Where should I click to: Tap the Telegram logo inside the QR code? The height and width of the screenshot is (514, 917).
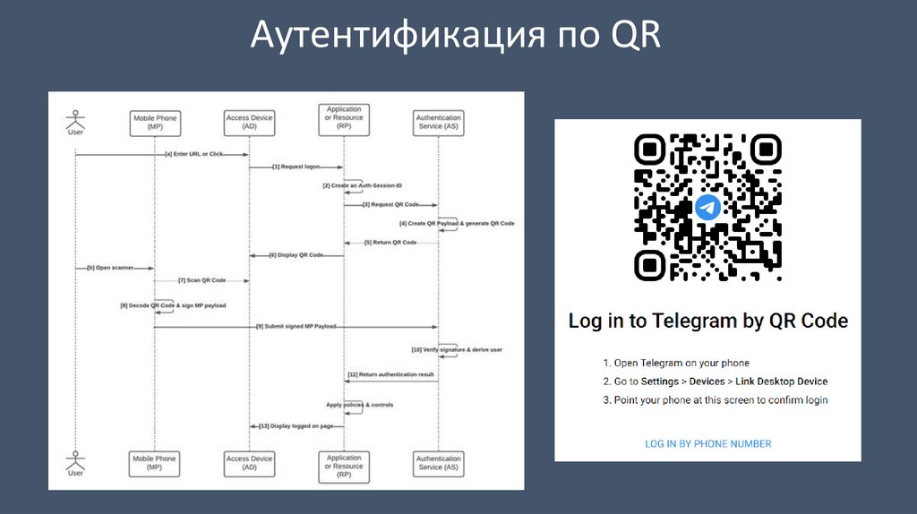[707, 207]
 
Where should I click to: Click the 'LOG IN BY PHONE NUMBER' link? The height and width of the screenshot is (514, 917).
[707, 443]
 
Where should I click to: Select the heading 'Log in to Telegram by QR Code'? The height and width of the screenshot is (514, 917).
[707, 321]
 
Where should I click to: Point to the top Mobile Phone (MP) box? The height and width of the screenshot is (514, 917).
[155, 123]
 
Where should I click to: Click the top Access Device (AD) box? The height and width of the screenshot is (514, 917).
[249, 123]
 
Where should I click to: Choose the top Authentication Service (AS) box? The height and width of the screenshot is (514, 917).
[439, 123]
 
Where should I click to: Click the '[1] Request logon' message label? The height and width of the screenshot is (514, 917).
[296, 166]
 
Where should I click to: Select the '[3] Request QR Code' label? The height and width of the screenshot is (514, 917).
[390, 204]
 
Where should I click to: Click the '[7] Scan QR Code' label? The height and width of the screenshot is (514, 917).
[201, 280]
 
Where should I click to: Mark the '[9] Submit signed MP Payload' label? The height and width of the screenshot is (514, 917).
[296, 327]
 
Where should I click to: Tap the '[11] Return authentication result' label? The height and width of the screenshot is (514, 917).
[390, 373]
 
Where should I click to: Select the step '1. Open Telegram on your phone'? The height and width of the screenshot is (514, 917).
[675, 363]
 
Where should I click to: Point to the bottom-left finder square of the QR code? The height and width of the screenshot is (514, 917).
[649, 263]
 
